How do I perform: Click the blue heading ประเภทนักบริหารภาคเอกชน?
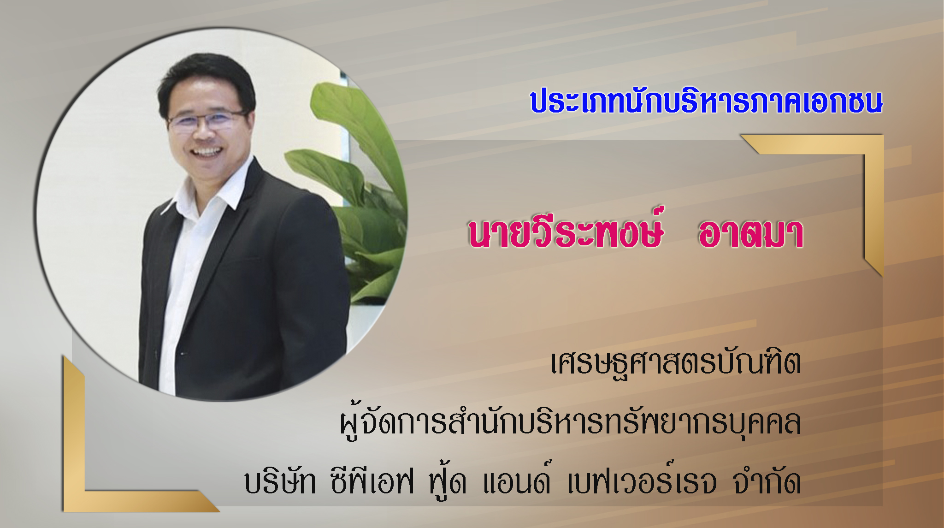(x=706, y=101)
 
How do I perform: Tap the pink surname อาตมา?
(x=751, y=233)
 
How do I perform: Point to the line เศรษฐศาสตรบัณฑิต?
(x=676, y=363)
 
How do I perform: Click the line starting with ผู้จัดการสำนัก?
(x=570, y=422)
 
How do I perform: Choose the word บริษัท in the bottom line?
(x=280, y=481)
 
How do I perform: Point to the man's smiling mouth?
(x=207, y=152)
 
